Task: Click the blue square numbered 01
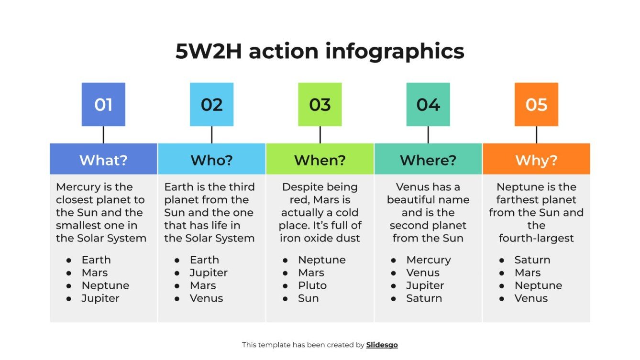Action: pos(103,104)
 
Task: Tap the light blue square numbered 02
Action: pos(211,104)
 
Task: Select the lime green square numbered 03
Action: pos(320,104)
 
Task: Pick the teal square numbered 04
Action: pos(428,104)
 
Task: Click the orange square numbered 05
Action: pos(536,104)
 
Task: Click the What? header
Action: pos(103,160)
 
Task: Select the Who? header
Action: pos(211,160)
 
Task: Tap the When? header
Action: pos(320,160)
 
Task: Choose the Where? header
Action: pos(428,160)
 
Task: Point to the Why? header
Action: pos(536,160)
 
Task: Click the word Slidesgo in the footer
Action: pos(382,345)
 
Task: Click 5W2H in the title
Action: pos(209,51)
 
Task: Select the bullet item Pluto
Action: pos(312,285)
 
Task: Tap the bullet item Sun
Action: pos(308,298)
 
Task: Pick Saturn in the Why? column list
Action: pos(532,260)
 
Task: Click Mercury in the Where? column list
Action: pos(428,260)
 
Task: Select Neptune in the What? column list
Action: pos(105,285)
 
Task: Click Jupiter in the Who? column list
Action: pos(209,273)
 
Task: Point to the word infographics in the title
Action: pos(395,51)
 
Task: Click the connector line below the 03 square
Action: pos(320,135)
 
